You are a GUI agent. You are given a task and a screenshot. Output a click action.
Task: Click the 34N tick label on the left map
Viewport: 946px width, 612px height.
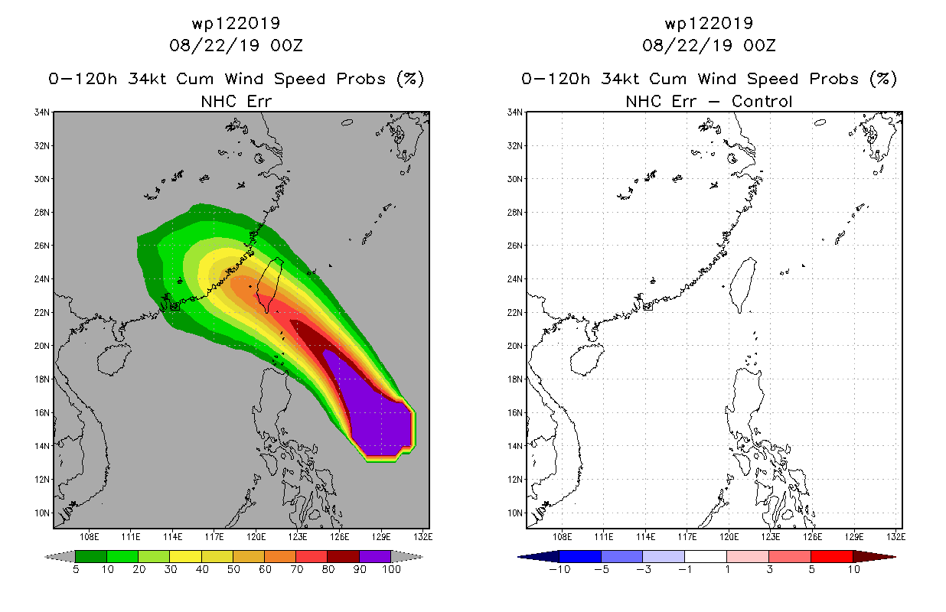(42, 112)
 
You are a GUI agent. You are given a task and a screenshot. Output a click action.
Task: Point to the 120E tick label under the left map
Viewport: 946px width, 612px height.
(256, 537)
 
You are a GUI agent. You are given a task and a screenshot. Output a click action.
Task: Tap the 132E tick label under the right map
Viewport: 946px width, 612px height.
(895, 537)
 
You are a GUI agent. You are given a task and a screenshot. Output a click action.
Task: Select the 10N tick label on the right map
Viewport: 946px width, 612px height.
(515, 513)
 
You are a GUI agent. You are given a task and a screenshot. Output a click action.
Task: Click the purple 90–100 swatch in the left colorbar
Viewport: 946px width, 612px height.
(375, 556)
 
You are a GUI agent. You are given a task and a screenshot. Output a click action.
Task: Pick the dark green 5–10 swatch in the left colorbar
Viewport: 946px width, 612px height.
(91, 556)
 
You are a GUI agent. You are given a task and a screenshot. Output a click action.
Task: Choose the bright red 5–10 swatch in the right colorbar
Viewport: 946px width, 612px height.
(832, 556)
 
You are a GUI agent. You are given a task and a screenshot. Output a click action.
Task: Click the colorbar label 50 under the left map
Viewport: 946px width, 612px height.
(233, 570)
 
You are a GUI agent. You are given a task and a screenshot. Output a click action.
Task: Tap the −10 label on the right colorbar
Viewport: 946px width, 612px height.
(559, 570)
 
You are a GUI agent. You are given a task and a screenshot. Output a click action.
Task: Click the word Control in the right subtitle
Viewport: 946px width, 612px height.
(762, 102)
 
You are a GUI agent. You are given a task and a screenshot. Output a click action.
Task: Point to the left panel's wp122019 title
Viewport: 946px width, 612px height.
(236, 24)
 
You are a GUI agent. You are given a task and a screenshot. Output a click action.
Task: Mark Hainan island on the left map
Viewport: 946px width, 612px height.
(114, 360)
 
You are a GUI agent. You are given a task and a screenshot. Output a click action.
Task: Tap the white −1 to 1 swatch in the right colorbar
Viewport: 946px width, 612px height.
(705, 556)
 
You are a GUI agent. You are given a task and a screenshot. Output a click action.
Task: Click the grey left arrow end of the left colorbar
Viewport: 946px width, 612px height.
(60, 557)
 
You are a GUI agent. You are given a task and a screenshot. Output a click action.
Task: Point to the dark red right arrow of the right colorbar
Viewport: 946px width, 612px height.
(875, 557)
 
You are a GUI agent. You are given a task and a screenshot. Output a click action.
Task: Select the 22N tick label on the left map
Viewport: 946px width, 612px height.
(42, 313)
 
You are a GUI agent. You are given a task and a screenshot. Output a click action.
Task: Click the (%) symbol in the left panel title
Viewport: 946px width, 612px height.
(410, 79)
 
